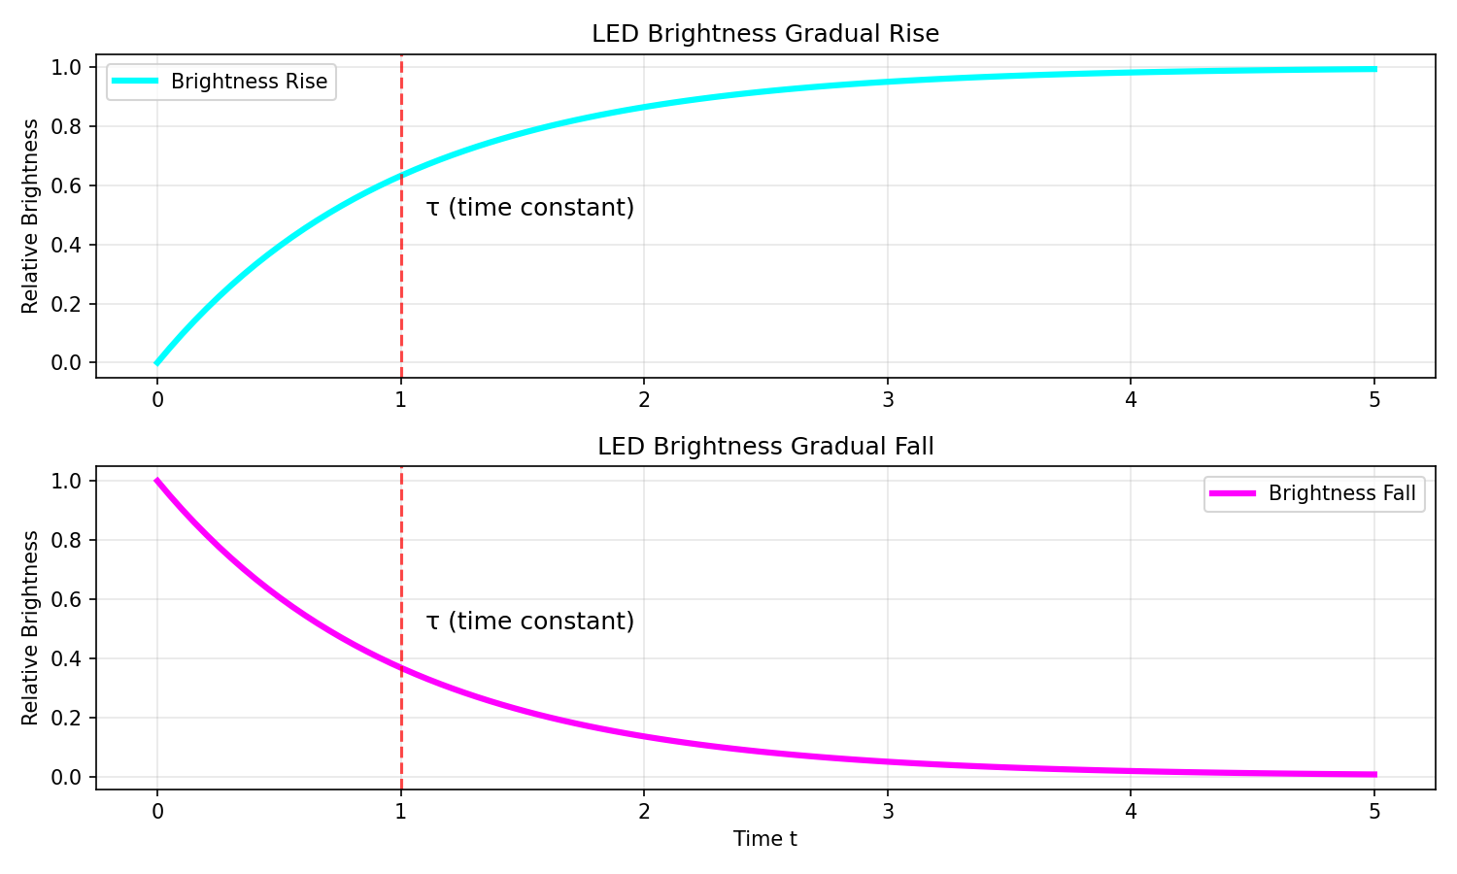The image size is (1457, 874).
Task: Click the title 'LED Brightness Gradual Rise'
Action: [x=765, y=34]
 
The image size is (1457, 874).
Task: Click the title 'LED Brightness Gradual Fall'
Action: [x=765, y=447]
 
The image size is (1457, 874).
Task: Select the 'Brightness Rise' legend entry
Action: [x=249, y=82]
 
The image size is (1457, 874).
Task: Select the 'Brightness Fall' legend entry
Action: [x=1341, y=493]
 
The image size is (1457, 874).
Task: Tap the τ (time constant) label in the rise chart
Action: [x=530, y=208]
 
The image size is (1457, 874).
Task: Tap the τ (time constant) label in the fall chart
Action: [x=530, y=622]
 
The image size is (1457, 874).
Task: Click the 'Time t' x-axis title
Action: [x=765, y=839]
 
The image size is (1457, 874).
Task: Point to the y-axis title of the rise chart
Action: [x=30, y=216]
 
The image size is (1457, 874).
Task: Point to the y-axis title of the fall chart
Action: [x=30, y=628]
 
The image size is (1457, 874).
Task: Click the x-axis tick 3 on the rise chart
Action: [x=887, y=399]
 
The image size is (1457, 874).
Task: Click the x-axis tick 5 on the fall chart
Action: [x=1374, y=812]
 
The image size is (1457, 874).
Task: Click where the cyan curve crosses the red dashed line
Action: [x=401, y=176]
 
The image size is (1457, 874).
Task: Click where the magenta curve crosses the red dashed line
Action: [x=401, y=668]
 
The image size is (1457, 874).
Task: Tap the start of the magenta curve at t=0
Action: [x=157, y=481]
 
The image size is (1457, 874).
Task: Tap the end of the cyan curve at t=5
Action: [x=1374, y=69]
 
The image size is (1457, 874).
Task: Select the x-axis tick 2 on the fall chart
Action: [x=644, y=812]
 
